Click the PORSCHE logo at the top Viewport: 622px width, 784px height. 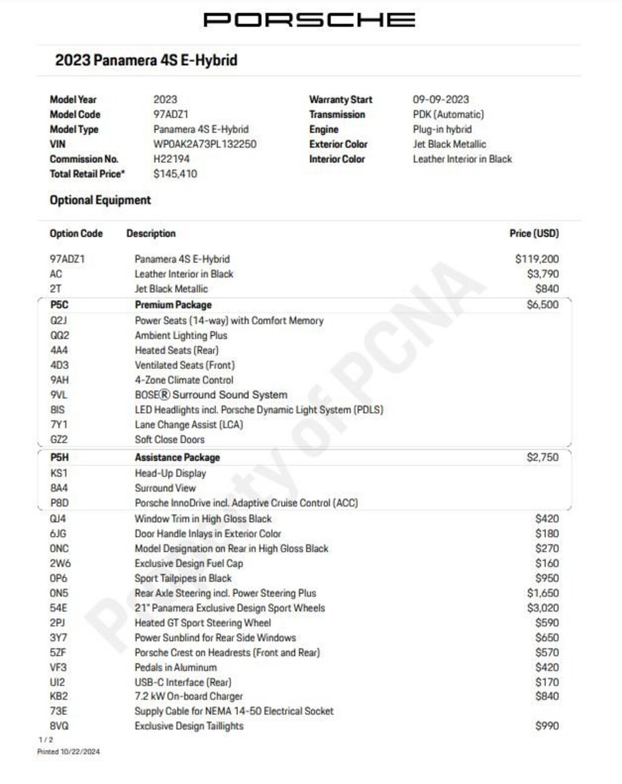click(309, 20)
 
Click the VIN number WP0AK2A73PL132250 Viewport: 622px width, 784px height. click(205, 144)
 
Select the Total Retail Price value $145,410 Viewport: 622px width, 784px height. click(175, 174)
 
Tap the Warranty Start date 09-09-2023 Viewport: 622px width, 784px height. click(440, 99)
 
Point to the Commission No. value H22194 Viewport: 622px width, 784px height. click(171, 159)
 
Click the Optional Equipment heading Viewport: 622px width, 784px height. click(100, 200)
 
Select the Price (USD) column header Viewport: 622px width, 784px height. click(534, 233)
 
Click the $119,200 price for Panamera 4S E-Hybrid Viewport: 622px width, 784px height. click(537, 259)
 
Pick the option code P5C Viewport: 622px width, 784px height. click(60, 304)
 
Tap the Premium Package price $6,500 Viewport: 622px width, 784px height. click(542, 304)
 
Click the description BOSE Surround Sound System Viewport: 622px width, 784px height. click(211, 394)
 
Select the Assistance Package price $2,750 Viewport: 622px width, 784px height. click(542, 457)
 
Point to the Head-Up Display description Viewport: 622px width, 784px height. click(170, 473)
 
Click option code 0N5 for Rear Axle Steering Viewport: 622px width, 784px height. click(59, 593)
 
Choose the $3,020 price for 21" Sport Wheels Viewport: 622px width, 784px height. click(542, 608)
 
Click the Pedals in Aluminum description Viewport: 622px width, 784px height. click(175, 667)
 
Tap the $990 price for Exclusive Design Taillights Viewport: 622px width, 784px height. click(547, 726)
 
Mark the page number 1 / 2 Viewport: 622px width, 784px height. click(46, 740)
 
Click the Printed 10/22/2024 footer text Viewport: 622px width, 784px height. click(68, 752)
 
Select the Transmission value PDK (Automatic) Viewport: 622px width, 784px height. click(448, 114)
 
